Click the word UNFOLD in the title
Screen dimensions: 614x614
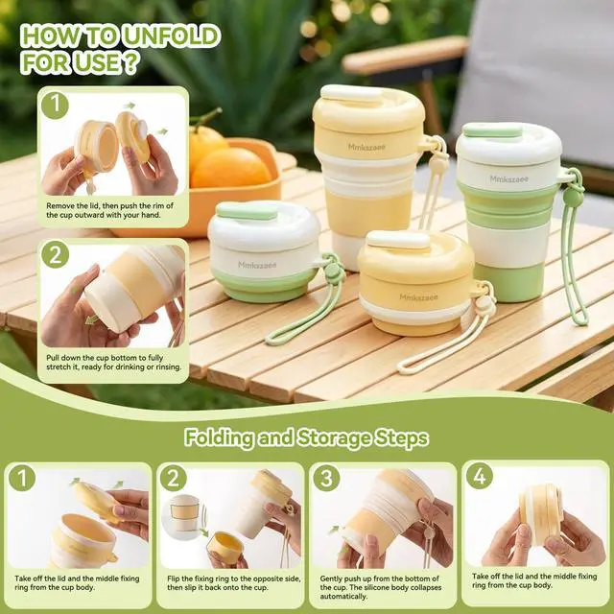coord(171,36)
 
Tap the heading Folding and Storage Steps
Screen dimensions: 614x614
coord(307,437)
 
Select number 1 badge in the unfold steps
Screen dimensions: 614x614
coord(55,106)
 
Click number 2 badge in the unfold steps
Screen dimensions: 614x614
coord(56,254)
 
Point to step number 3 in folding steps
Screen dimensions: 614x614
coord(326,478)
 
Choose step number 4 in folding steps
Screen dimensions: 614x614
coord(480,476)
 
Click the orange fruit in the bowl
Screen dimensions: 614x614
coord(230,168)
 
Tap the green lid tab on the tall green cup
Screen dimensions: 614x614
coord(492,130)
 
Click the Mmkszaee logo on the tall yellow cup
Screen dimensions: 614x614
coord(366,147)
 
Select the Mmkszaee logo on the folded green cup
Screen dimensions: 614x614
coord(257,265)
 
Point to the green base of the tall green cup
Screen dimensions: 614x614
coord(509,283)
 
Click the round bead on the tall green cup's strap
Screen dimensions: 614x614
coord(569,195)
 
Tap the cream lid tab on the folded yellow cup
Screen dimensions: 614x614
coord(398,239)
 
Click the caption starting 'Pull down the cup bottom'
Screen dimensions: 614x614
coord(114,363)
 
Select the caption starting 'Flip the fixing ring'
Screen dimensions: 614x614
coord(234,583)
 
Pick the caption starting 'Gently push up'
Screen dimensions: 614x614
coord(381,587)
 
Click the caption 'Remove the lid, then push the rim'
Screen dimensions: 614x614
coord(109,210)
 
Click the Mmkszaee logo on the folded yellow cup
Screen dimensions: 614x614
coord(418,297)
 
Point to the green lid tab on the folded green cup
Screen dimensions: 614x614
coord(247,211)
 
